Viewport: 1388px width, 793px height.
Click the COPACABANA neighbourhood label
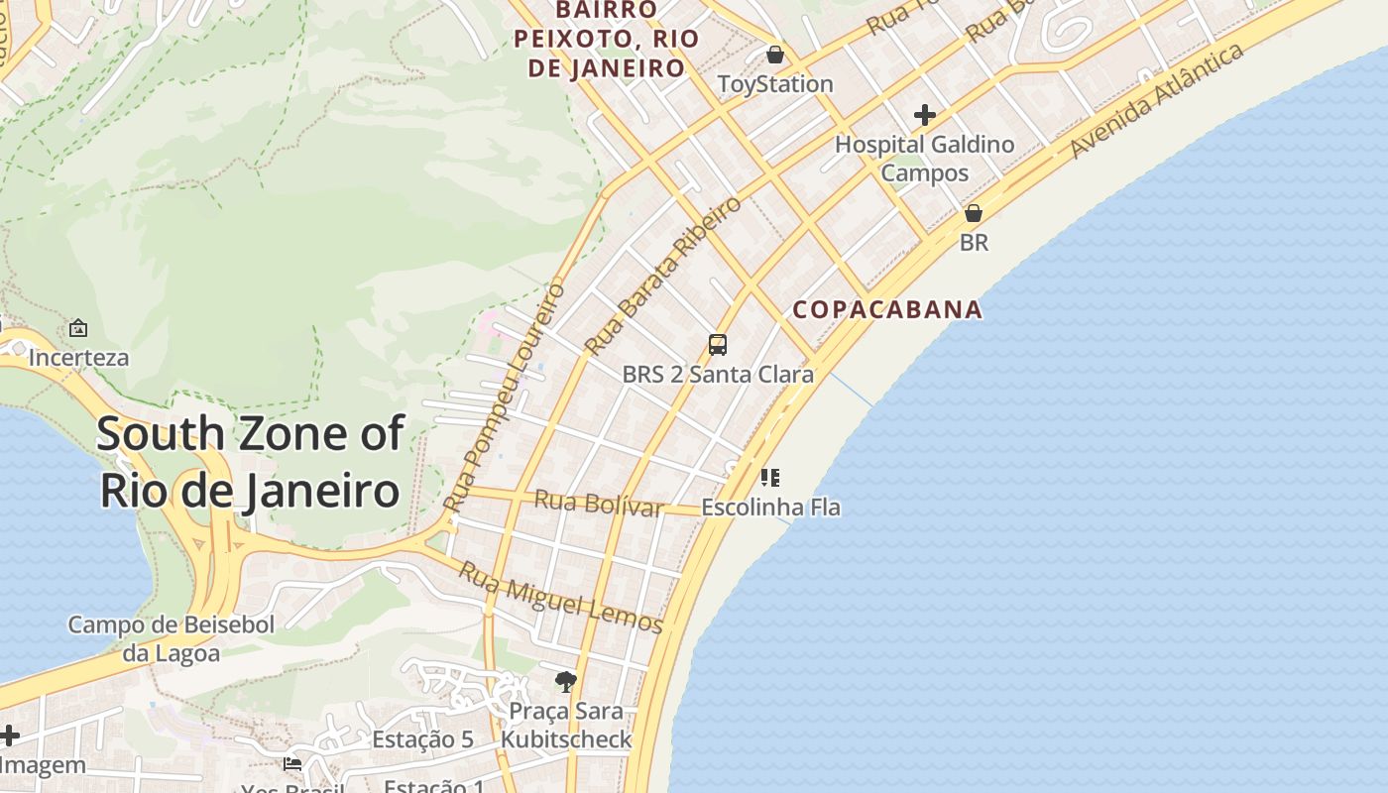[887, 309]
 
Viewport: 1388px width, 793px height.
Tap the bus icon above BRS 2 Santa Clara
[718, 345]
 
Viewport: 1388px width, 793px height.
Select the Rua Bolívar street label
[598, 504]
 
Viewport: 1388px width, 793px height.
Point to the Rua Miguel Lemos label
[560, 598]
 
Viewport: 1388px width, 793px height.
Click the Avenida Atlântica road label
[1157, 100]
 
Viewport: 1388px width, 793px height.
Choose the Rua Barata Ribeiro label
[662, 276]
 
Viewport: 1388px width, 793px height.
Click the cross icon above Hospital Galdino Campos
[925, 115]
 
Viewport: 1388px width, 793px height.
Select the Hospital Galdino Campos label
[924, 159]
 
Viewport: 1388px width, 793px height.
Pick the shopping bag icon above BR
[974, 213]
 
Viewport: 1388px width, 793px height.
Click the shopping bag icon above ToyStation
[775, 54]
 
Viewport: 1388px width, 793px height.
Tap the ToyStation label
[775, 84]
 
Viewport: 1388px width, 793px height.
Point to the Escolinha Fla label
[770, 508]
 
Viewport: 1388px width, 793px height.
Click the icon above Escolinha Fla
[770, 478]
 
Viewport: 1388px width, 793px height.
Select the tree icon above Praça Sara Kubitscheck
[566, 681]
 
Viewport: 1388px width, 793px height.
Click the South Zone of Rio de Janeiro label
[250, 462]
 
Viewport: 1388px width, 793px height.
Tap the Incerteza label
[78, 357]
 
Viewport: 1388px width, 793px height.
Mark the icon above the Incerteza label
[78, 327]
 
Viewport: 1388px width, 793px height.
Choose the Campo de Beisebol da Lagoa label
[172, 639]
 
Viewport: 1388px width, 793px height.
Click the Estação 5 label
[422, 739]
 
